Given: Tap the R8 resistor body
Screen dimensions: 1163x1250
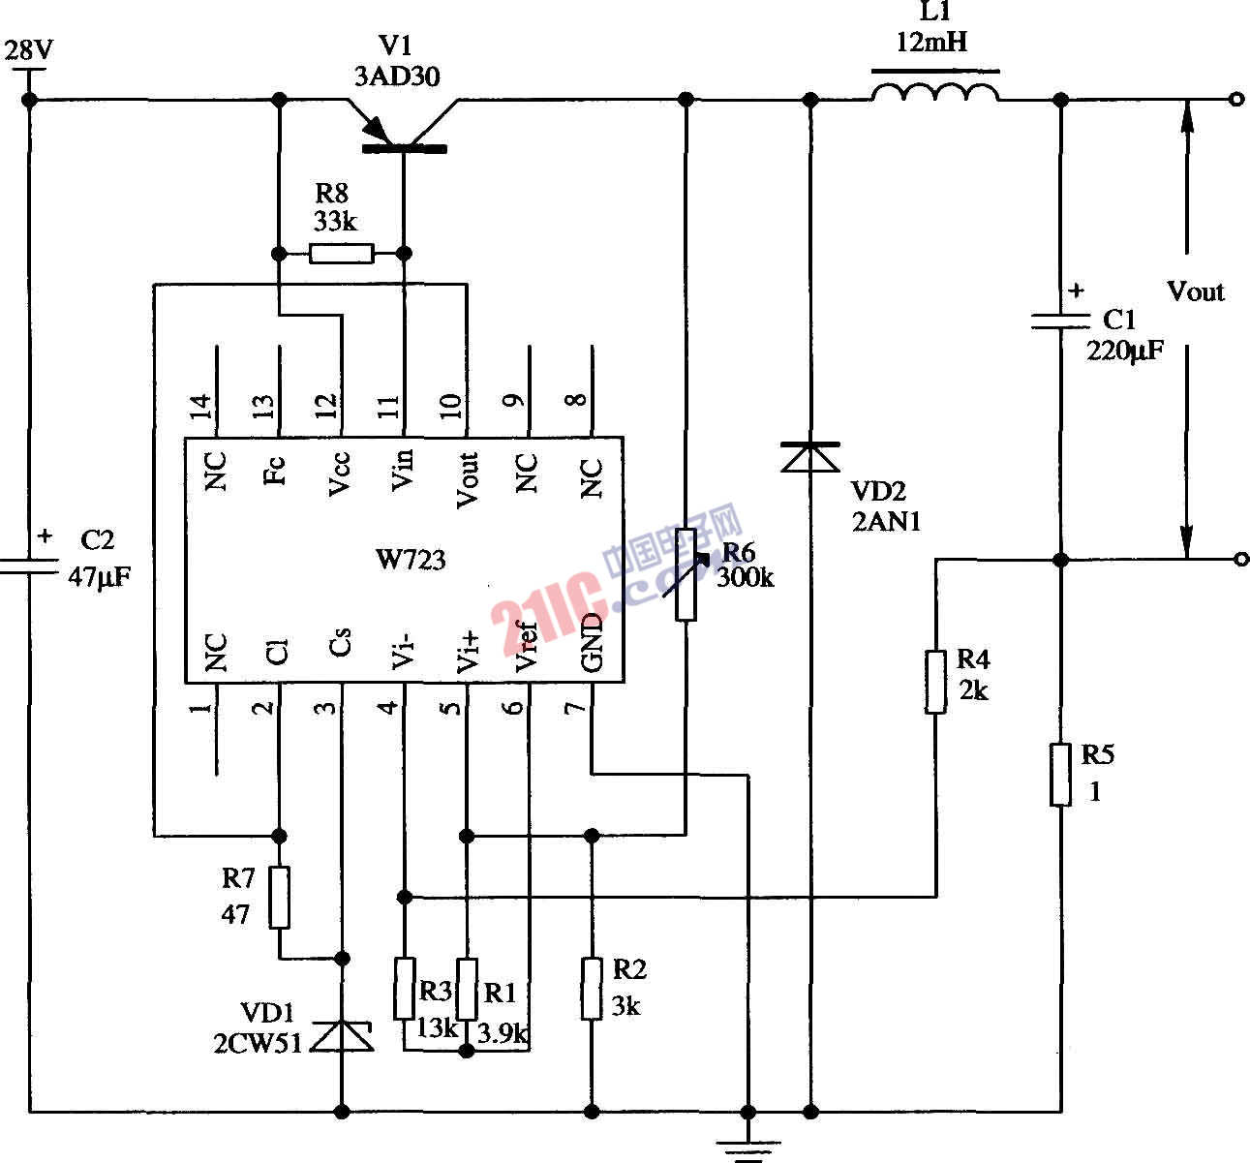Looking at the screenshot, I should click(x=341, y=255).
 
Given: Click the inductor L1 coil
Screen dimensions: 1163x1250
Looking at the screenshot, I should click(x=935, y=94).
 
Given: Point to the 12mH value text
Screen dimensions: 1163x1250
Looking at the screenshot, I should click(x=931, y=43).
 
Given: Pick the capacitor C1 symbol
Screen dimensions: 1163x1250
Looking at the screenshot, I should click(x=1061, y=321).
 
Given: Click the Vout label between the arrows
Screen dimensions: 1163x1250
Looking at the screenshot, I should click(x=1195, y=291).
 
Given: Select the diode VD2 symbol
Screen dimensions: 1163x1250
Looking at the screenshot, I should click(x=810, y=456).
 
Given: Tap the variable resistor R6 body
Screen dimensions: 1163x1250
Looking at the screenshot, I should click(x=686, y=574).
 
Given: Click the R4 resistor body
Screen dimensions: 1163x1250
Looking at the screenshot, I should click(x=935, y=683).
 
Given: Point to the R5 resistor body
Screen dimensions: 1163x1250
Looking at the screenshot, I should click(x=1061, y=775).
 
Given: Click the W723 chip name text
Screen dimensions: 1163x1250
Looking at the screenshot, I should click(x=411, y=560).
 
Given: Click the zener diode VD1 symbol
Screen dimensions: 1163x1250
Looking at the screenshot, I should click(x=342, y=1037).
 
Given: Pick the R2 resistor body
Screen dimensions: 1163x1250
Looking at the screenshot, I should click(x=592, y=989).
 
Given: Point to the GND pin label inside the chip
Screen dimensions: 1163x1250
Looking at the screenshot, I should click(x=592, y=642).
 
